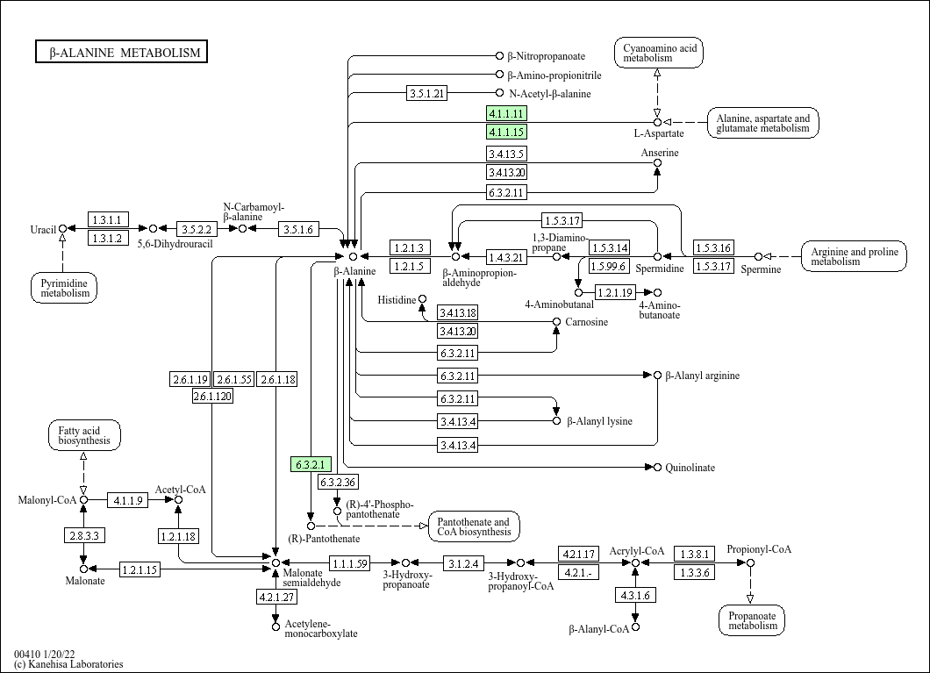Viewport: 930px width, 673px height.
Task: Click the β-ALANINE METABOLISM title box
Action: click(x=121, y=52)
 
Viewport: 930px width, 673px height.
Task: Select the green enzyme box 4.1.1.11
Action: click(x=506, y=113)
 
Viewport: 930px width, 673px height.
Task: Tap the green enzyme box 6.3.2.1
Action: click(x=311, y=464)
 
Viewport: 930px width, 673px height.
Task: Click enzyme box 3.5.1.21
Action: click(x=427, y=93)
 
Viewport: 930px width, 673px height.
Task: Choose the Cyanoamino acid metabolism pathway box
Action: click(x=659, y=53)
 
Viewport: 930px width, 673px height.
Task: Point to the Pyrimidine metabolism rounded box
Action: click(x=64, y=288)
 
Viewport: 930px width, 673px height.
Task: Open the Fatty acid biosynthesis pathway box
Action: click(x=84, y=435)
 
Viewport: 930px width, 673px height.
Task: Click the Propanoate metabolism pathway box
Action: click(x=752, y=620)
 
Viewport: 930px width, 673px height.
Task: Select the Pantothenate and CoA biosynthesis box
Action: click(x=473, y=526)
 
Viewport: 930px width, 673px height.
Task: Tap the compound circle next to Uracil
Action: click(x=63, y=228)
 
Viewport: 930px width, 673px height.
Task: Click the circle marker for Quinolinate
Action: click(x=657, y=468)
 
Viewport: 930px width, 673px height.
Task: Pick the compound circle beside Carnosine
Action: click(x=556, y=321)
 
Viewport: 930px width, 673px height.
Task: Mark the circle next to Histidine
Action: click(x=422, y=299)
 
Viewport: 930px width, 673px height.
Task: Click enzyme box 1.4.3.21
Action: click(x=506, y=257)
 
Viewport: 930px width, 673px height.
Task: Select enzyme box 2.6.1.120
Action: click(x=212, y=396)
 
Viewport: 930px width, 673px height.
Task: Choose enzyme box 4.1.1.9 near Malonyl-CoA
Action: click(x=128, y=500)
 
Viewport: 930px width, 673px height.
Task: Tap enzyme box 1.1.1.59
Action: click(x=350, y=562)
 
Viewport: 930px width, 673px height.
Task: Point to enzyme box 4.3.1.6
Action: click(x=635, y=595)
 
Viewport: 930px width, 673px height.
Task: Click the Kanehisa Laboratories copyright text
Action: click(x=68, y=664)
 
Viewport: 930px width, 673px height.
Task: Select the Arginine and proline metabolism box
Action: click(x=854, y=256)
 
